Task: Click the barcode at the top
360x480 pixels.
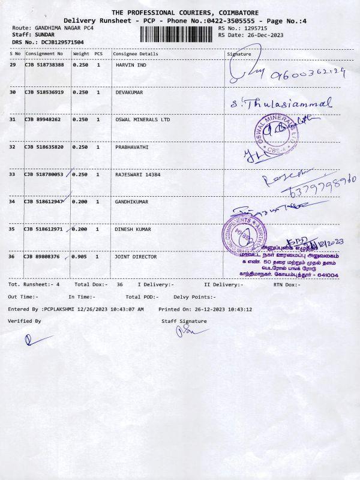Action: [178, 31]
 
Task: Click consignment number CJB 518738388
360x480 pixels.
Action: [44, 65]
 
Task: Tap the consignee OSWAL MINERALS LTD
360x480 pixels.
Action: [143, 119]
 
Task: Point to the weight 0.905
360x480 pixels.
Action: [80, 257]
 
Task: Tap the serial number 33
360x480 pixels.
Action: [13, 175]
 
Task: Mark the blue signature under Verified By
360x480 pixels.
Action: [28, 340]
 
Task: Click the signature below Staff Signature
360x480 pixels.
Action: [186, 332]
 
